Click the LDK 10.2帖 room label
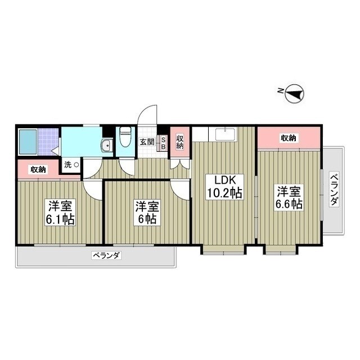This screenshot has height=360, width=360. pos(224,186)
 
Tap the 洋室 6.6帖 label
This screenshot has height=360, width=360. pos(289,197)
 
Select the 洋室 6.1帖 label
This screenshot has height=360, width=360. pos(60,213)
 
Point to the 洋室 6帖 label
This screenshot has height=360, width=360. pos(147,213)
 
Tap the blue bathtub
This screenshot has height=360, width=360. pos(28,142)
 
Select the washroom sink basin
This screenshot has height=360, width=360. pos(106,146)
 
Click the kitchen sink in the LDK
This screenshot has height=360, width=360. pos(225,134)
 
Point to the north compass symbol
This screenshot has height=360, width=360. pos(294,93)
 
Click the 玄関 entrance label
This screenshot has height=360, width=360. pos(147,142)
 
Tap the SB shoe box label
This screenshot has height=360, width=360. pos(163,143)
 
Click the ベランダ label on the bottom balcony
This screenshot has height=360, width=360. pos(106,255)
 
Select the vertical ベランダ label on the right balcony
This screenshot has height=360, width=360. pos(334,189)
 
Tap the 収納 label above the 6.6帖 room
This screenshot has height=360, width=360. pos(289,138)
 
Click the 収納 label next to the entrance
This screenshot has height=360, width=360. pos(180,141)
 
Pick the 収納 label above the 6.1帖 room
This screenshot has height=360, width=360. pos(38,169)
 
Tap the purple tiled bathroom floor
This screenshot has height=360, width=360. pos(48,142)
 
